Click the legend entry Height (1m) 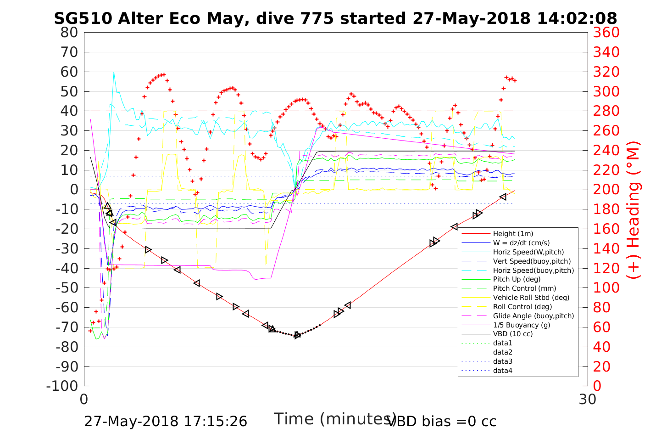(x=513, y=234)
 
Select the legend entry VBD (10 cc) (x=513, y=334)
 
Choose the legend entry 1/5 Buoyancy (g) (x=522, y=325)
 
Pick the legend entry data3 (x=502, y=361)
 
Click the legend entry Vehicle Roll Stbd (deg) (x=531, y=298)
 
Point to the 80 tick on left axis (x=69, y=33)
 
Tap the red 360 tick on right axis (x=606, y=33)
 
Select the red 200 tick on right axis (x=606, y=190)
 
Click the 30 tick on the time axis (x=588, y=399)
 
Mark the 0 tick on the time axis (x=84, y=399)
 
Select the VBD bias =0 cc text (x=442, y=421)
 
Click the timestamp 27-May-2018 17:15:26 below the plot (x=166, y=421)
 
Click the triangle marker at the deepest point (x=297, y=335)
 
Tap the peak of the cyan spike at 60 (x=114, y=72)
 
